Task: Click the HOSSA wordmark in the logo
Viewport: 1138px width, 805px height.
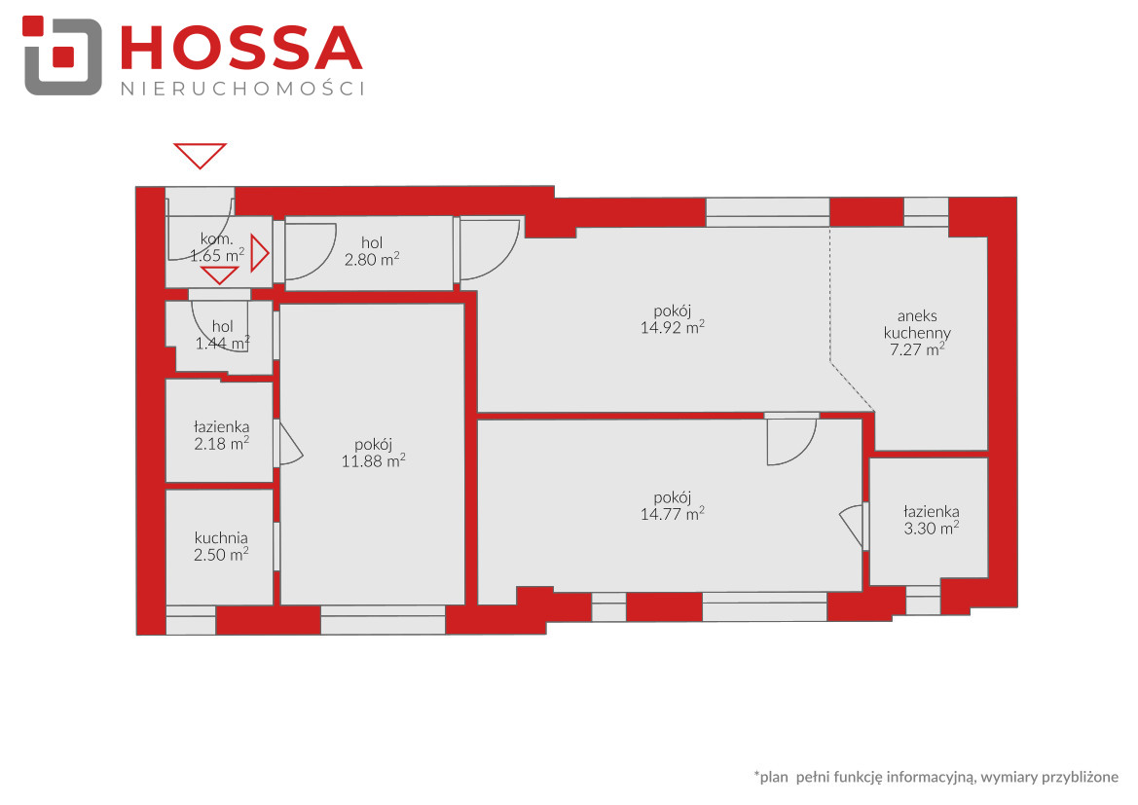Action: click(x=241, y=48)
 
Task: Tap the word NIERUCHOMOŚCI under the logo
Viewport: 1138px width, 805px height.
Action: click(x=242, y=89)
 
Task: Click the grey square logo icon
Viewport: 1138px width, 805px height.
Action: click(x=62, y=56)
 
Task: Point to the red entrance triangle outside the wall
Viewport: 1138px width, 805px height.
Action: click(x=201, y=156)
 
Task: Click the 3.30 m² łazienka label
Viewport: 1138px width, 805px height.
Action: click(x=932, y=520)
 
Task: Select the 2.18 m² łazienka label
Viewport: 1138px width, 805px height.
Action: click(x=221, y=435)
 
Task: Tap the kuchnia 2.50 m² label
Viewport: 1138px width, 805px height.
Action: click(x=221, y=546)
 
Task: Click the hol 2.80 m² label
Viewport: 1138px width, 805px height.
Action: click(x=372, y=251)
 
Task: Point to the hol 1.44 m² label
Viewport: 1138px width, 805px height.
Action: click(x=223, y=335)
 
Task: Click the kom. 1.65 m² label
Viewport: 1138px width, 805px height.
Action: click(x=217, y=247)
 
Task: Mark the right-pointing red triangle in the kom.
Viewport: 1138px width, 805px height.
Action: click(x=260, y=253)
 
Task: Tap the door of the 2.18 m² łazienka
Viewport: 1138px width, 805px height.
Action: click(x=289, y=444)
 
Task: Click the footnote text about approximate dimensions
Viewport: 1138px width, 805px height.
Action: click(x=936, y=777)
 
